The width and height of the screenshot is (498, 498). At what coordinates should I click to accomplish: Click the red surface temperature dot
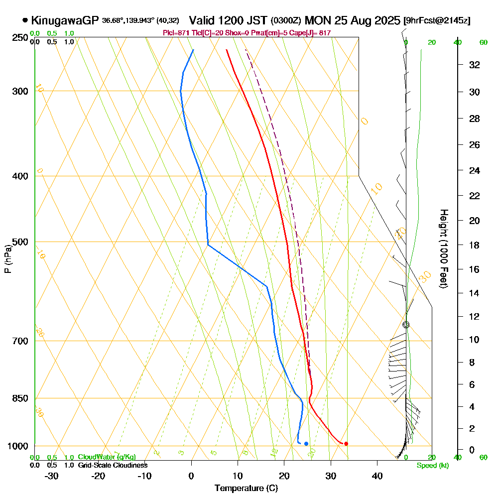point(346,444)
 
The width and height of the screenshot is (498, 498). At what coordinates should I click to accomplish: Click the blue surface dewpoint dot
point(306,444)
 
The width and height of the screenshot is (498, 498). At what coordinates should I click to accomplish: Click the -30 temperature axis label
point(52,476)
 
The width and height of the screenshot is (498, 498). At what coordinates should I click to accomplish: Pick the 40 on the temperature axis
point(377,476)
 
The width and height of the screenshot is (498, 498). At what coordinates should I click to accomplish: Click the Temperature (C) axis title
point(246,489)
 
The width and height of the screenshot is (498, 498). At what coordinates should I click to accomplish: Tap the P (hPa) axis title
point(7,259)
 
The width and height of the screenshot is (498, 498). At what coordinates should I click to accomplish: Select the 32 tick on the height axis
point(475,65)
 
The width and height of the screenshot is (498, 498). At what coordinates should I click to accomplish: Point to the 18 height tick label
point(475,245)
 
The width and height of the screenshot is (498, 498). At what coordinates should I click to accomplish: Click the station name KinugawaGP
point(65,20)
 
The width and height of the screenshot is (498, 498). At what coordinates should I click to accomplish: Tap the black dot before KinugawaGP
point(25,20)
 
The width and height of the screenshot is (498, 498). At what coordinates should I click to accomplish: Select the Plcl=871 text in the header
point(174,33)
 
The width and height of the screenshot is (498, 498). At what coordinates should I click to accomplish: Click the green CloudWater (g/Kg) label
point(107,457)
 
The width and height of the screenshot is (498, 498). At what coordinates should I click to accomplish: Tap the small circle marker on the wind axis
point(406,325)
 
